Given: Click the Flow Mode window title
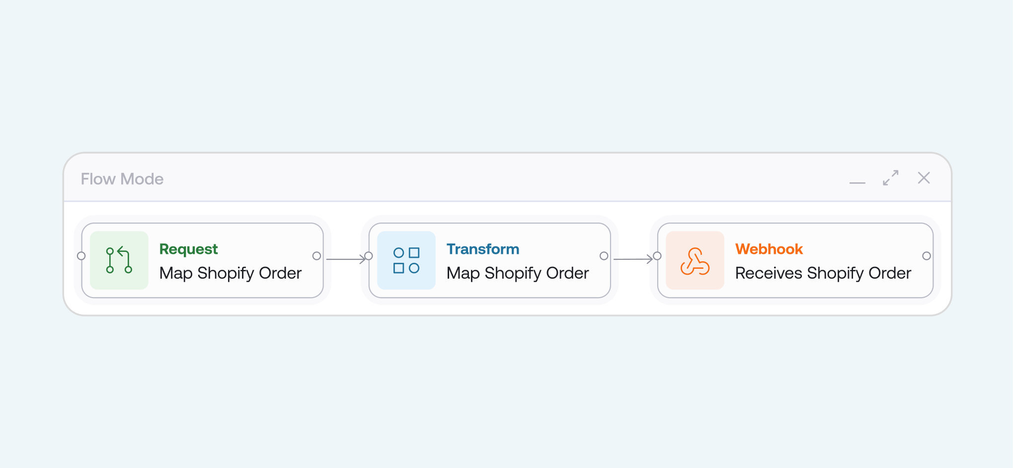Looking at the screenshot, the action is point(122,179).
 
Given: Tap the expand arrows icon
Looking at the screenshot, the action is point(890,178).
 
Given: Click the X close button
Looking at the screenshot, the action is point(924,178).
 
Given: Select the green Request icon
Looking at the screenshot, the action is point(119,260).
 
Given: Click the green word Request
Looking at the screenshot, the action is point(188,249).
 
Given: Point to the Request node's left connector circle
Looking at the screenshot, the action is point(81,256).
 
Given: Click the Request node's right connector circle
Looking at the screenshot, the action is point(316,256).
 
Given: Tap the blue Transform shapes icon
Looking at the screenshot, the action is point(406,260).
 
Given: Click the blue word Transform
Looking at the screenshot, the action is point(482,249).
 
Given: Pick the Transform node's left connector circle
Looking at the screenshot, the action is point(369,256).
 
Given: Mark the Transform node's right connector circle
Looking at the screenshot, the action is point(604,256).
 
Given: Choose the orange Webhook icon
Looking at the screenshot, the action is point(695,260).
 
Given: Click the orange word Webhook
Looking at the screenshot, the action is point(769,249).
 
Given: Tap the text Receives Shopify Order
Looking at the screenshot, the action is point(823,273).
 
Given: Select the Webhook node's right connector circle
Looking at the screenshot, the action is point(926,256).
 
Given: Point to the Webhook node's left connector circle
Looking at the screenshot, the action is point(657,256).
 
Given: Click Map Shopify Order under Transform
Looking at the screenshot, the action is point(517,273).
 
